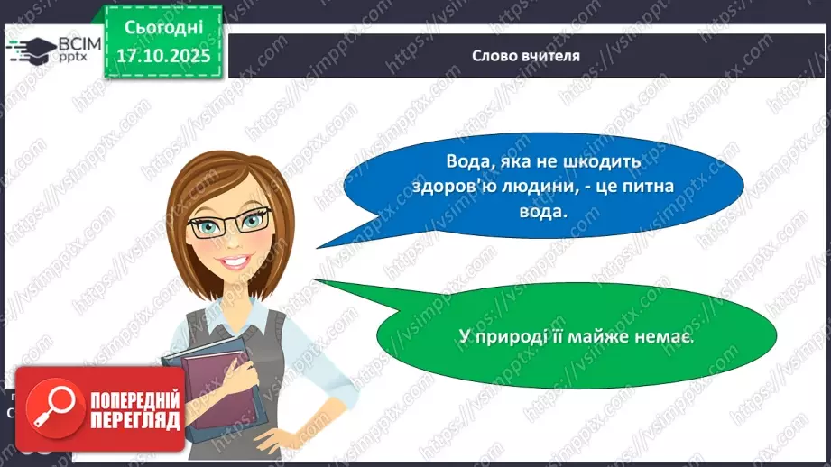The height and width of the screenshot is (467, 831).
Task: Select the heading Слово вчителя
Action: coord(526,55)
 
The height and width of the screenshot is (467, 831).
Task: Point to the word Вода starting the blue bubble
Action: coord(466,161)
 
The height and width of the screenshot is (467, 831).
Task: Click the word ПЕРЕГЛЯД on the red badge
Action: coord(134,420)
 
